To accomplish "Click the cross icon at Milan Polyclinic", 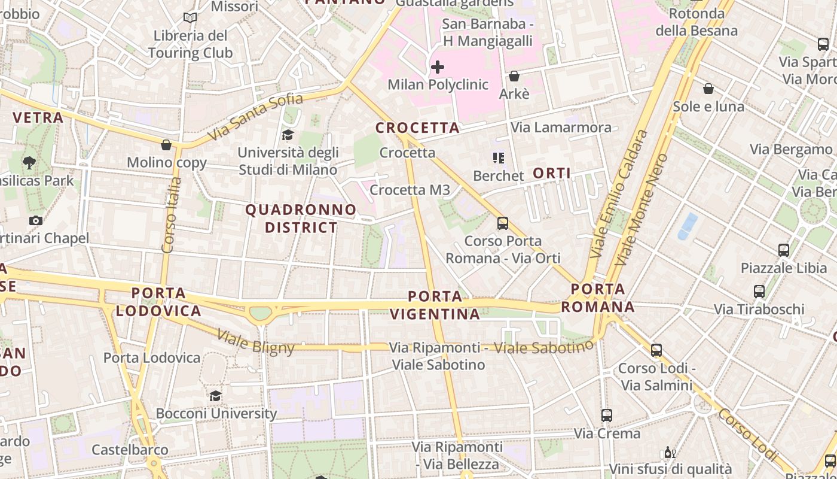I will click(x=438, y=67).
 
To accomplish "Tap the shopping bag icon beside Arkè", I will click(x=514, y=76).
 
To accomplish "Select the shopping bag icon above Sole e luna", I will click(x=708, y=89).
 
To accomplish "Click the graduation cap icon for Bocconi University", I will click(x=215, y=396).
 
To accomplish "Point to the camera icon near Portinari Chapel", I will click(x=36, y=220).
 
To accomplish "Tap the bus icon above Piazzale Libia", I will click(x=783, y=250).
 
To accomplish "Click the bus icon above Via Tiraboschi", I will click(x=759, y=292).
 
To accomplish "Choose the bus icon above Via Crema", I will click(x=607, y=415).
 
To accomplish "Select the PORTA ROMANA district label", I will click(x=597, y=298).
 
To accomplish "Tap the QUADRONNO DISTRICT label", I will click(x=301, y=219).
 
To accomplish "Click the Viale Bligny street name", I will click(x=256, y=342).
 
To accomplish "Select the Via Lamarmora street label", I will click(x=561, y=128).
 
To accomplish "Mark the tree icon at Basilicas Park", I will click(x=29, y=162).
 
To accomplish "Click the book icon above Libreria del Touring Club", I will click(x=190, y=18).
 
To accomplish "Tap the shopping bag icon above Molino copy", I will click(x=166, y=145).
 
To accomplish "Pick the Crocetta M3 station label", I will click(x=410, y=190).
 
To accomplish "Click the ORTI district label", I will click(x=551, y=173).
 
